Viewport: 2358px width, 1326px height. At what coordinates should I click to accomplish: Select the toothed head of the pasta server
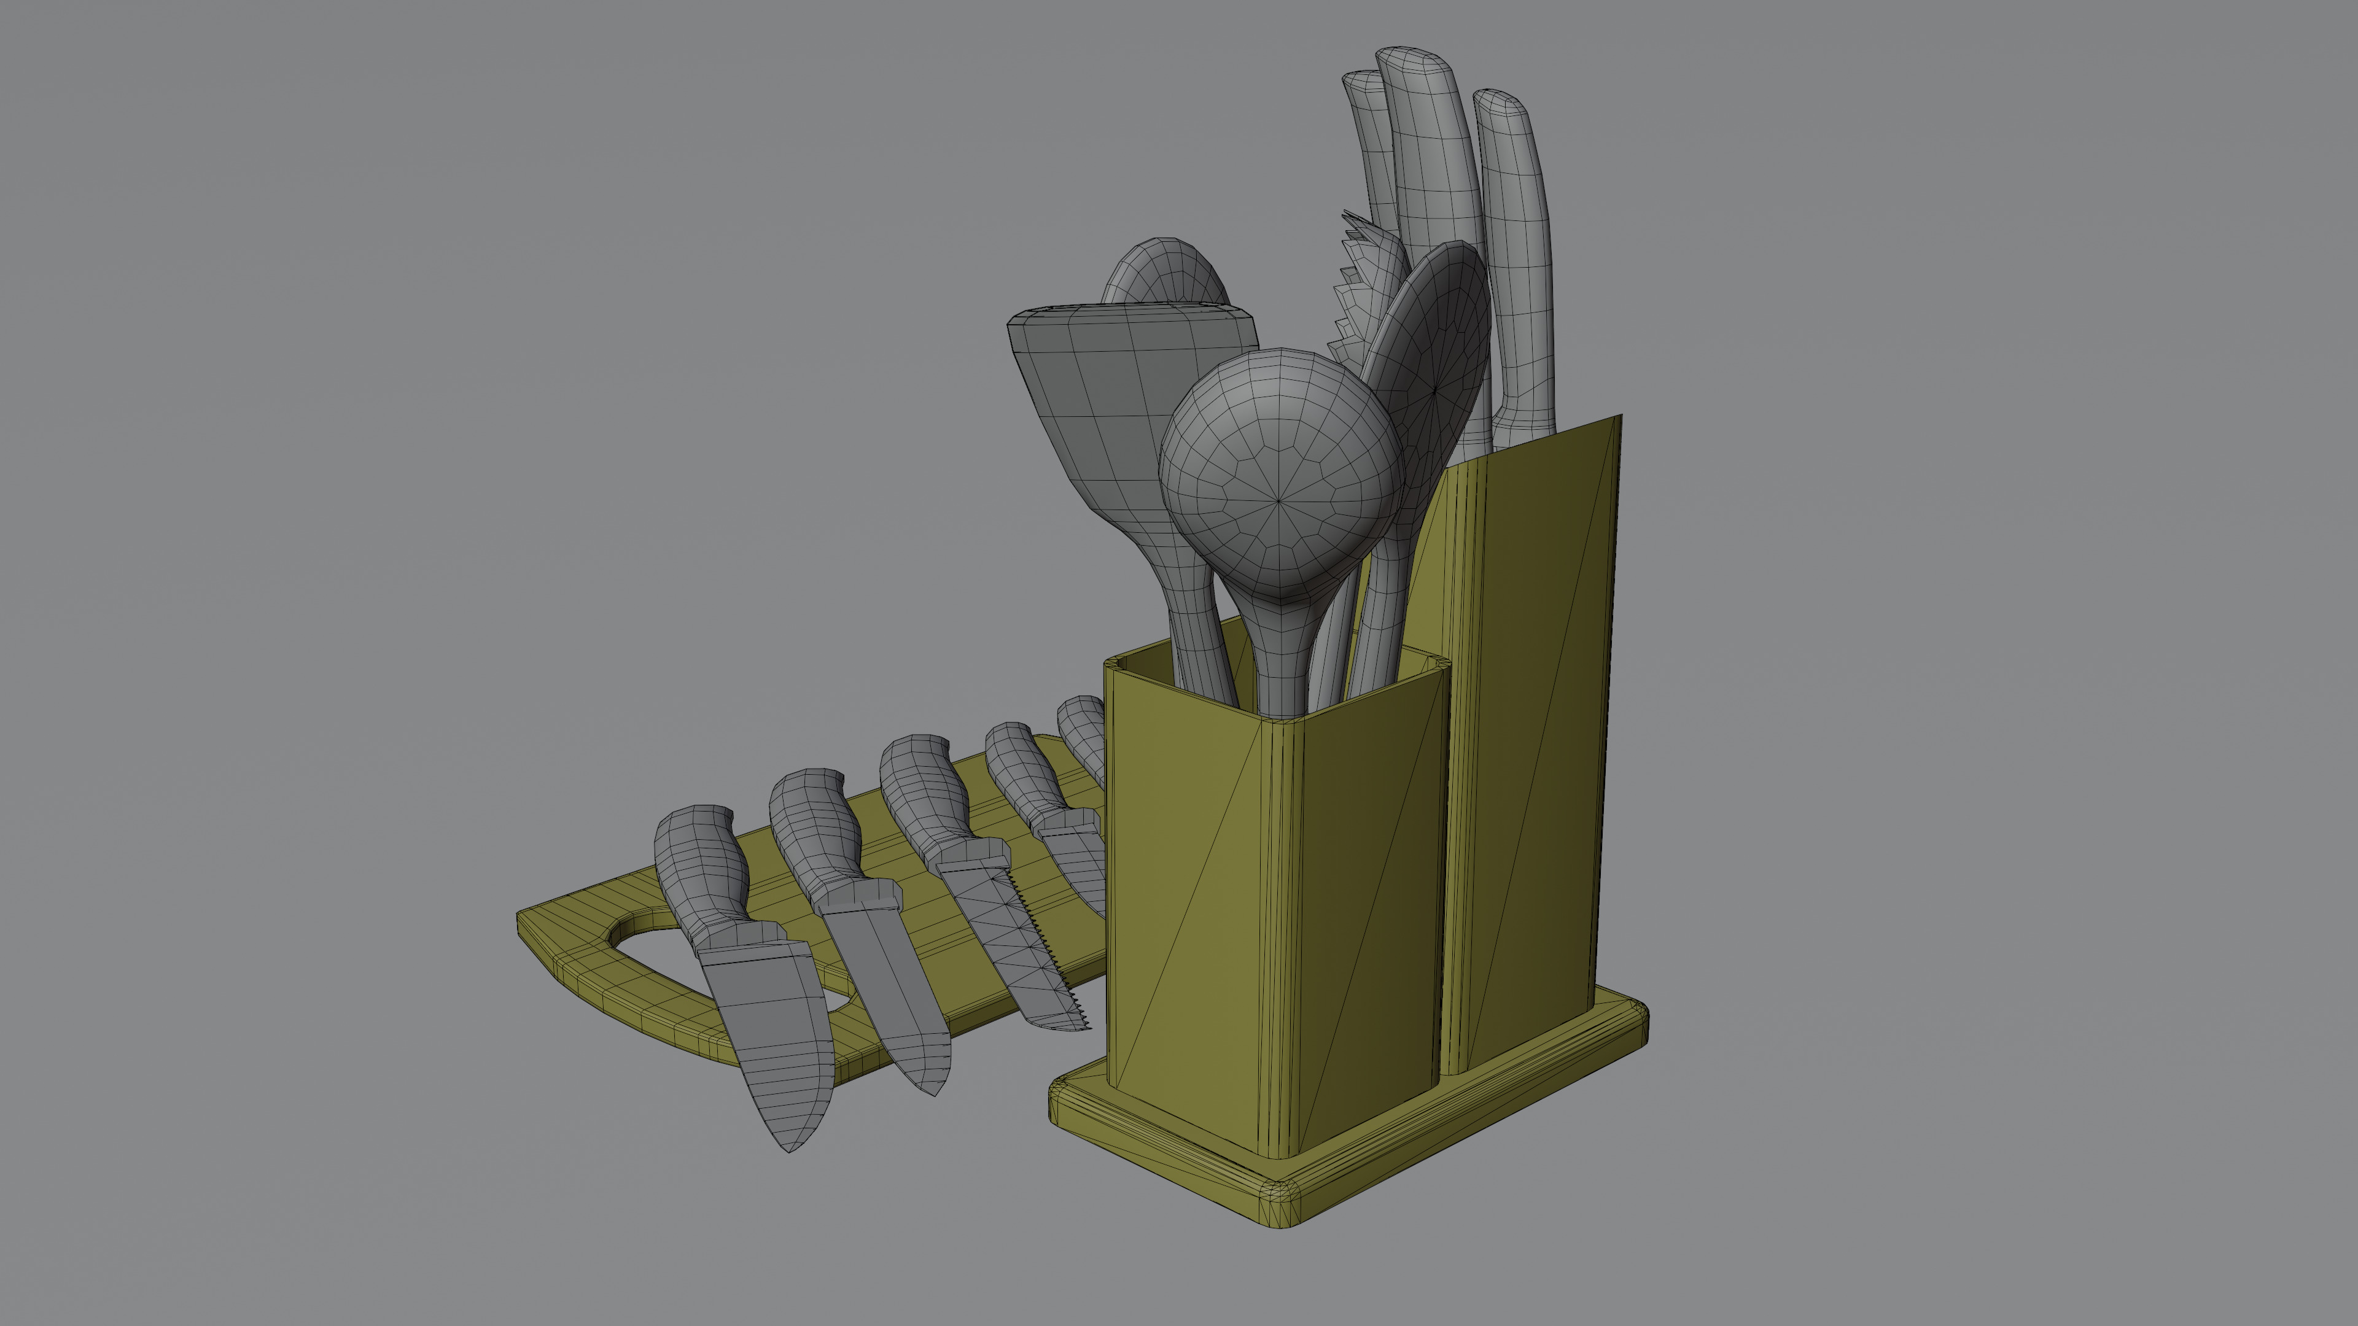click(1364, 293)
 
